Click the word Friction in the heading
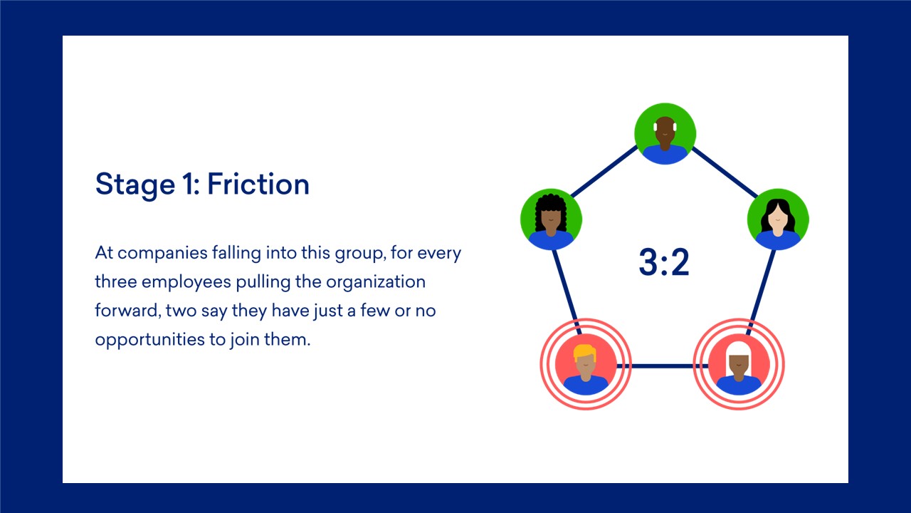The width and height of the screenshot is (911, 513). [x=258, y=184]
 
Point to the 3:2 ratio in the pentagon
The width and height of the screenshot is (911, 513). [x=664, y=261]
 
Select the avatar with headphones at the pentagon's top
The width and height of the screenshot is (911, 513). [x=665, y=134]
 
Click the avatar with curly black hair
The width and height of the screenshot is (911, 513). [x=551, y=219]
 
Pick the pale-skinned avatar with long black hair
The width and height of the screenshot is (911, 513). [x=778, y=219]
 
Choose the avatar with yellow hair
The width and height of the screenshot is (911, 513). [x=586, y=364]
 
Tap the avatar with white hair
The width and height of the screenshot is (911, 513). [x=739, y=364]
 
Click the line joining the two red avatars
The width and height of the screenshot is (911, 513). [x=662, y=366]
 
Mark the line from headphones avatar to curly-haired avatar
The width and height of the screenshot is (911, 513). [x=604, y=172]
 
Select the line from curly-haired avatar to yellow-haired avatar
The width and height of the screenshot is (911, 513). [x=566, y=292]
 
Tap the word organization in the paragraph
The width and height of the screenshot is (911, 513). [x=376, y=281]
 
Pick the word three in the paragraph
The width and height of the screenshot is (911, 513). [x=116, y=281]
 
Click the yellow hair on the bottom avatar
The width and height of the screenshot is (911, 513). [x=585, y=352]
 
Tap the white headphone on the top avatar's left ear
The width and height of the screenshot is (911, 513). [x=655, y=127]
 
